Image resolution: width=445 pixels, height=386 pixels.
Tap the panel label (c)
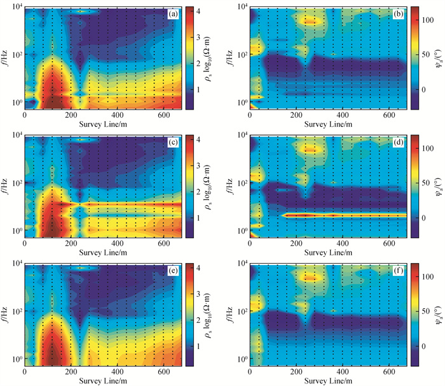(171, 141)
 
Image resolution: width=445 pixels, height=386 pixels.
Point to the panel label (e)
(171, 269)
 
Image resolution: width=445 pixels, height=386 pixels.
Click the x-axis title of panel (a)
(102, 124)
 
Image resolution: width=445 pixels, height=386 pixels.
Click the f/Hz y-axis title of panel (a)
(6, 57)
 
